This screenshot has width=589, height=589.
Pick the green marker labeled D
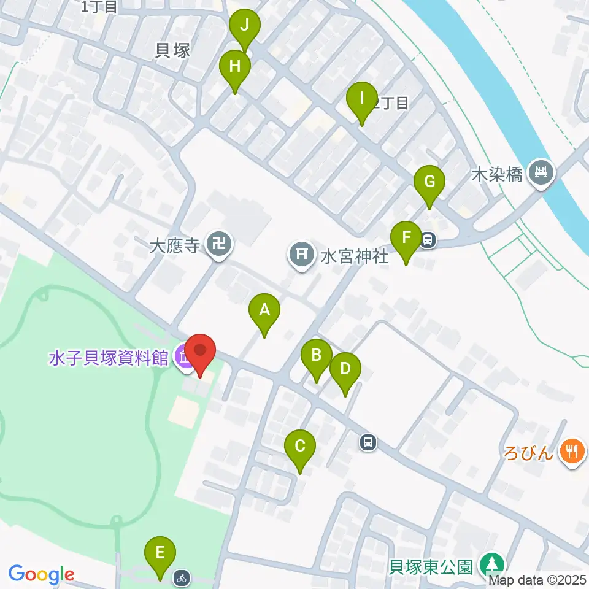345,369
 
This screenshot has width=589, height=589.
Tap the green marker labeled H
235,66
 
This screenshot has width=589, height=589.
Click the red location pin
201,352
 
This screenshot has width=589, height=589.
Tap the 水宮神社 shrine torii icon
302,253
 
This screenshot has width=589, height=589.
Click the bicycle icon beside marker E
181,577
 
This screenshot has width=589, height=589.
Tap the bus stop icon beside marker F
428,240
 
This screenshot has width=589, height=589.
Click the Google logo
41,575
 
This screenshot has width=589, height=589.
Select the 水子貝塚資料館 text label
108,358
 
